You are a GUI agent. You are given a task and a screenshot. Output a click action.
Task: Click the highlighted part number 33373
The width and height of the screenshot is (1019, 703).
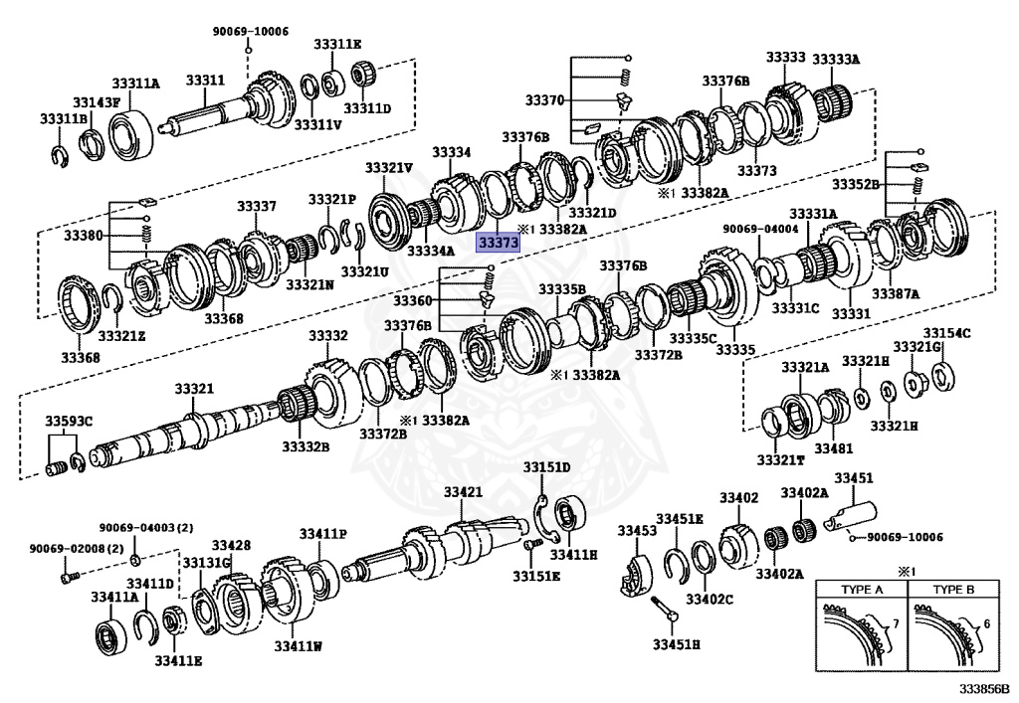498,243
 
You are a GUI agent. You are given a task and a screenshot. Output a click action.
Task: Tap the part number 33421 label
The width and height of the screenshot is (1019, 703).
463,492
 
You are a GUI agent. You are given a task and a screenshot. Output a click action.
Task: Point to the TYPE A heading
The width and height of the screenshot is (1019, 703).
862,589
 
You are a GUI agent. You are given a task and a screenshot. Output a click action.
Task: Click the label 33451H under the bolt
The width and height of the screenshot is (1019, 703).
677,644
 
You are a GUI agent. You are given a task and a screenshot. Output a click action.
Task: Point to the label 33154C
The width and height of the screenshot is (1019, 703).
945,333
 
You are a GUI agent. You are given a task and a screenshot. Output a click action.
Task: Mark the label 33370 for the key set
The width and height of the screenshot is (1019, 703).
544,100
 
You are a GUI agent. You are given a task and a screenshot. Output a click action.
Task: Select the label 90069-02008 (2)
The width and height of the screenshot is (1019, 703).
63,549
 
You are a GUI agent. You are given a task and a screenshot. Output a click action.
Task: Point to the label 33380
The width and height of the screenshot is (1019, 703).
84,237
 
